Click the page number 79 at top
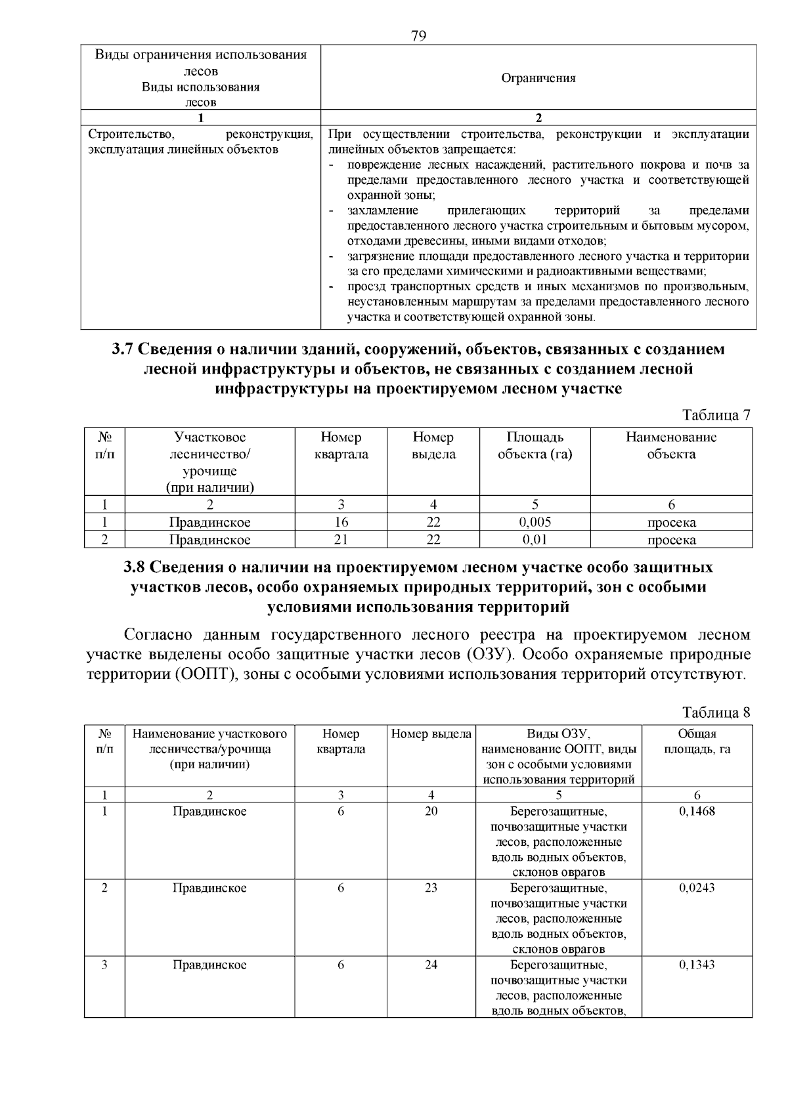point(418,35)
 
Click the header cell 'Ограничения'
point(538,78)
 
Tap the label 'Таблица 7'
point(716,415)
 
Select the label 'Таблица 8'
point(716,712)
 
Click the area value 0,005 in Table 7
point(535,522)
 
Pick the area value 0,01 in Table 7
point(535,540)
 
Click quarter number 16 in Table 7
point(341,522)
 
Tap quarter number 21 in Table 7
point(341,540)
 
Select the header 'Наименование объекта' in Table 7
point(670,445)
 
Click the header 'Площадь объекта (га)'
point(535,445)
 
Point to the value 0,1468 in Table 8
point(697,811)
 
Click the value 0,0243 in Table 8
point(697,888)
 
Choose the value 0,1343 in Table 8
point(697,965)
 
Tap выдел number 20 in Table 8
point(431,811)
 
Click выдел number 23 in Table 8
point(431,888)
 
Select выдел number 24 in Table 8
point(431,965)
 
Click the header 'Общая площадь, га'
point(697,741)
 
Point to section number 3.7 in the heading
point(123,349)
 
